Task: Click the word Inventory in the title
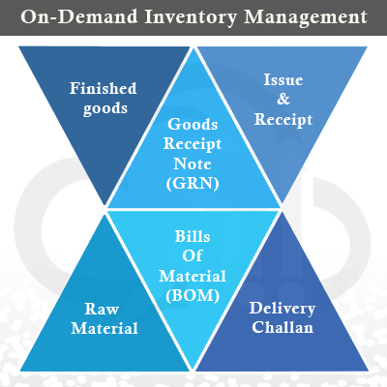(191, 17)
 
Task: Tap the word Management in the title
(306, 16)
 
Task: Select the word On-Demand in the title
(79, 16)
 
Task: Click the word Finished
(104, 88)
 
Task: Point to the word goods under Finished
(105, 108)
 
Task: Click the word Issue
(283, 80)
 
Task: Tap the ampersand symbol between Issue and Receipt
(283, 99)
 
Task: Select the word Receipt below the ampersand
(283, 120)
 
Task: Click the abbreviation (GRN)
(193, 184)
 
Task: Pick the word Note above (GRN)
(193, 164)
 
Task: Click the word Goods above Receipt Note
(193, 124)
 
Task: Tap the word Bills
(193, 236)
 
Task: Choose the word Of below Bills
(193, 255)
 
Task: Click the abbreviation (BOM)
(193, 295)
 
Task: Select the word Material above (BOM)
(193, 276)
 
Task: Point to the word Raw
(102, 309)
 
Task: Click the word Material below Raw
(104, 329)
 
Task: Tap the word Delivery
(283, 309)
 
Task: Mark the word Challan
(283, 327)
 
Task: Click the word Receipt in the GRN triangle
(193, 144)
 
